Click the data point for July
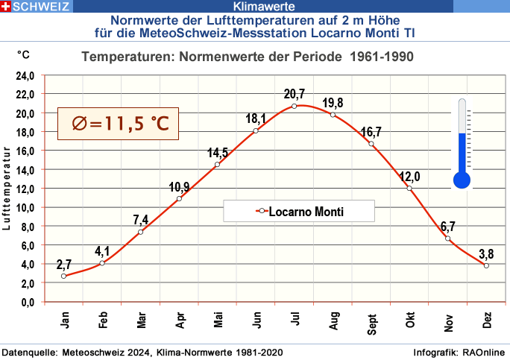coord(295,106)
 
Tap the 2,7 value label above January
coord(64,264)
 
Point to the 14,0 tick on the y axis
coord(26,170)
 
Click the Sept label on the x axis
coord(372,320)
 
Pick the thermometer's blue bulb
coord(462,179)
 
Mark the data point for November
coord(448,239)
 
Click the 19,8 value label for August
coord(334,102)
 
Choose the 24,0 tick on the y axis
coord(26,75)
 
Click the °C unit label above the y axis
coord(25,54)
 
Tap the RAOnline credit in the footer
coord(485,352)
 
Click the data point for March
coord(140,232)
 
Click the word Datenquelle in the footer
coord(31,352)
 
